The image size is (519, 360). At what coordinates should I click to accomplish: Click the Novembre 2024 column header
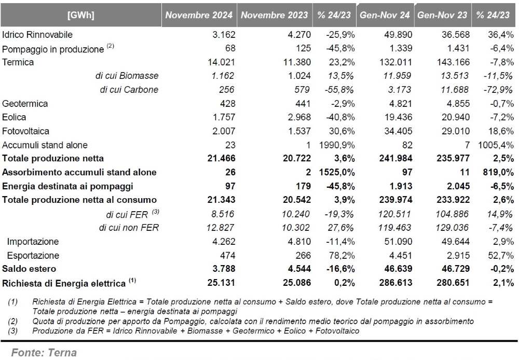pyautogui.click(x=199, y=15)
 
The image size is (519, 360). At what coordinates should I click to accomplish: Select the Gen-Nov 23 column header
pyautogui.click(x=442, y=15)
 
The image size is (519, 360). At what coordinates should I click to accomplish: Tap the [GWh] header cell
pyautogui.click(x=81, y=15)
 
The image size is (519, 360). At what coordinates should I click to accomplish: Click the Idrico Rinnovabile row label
pyautogui.click(x=37, y=34)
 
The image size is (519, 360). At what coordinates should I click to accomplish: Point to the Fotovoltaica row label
pyautogui.click(x=25, y=131)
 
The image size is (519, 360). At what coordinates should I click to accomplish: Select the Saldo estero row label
pyautogui.click(x=29, y=269)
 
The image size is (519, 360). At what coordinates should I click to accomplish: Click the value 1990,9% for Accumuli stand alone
pyautogui.click(x=337, y=145)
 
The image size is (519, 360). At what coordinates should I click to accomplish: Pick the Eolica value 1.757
pyautogui.click(x=224, y=117)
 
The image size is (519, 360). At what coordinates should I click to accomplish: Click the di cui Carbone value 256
pyautogui.click(x=226, y=90)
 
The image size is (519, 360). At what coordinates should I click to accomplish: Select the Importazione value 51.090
pyautogui.click(x=398, y=242)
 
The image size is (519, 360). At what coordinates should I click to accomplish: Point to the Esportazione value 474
pyautogui.click(x=228, y=255)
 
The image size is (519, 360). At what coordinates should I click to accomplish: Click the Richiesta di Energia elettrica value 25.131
pyautogui.click(x=221, y=283)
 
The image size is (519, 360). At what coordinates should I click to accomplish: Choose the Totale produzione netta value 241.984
pyautogui.click(x=396, y=159)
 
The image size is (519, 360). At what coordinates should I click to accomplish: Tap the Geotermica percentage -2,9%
pyautogui.click(x=343, y=104)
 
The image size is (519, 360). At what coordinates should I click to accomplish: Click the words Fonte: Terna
pyautogui.click(x=44, y=353)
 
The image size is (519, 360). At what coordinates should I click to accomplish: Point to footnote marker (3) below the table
pyautogui.click(x=12, y=331)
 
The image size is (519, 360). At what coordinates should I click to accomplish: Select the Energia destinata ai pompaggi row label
pyautogui.click(x=67, y=186)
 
